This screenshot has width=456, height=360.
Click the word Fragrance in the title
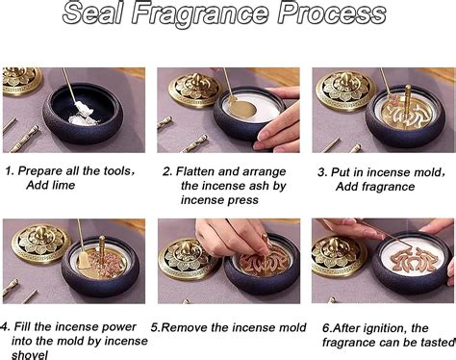(x=199, y=14)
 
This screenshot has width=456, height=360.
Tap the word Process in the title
(x=332, y=13)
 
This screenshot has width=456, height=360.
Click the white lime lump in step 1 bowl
(x=83, y=113)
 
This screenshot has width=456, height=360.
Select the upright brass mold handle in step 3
(x=408, y=102)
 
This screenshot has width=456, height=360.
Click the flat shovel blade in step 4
(x=84, y=261)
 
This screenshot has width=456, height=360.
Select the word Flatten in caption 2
(x=195, y=171)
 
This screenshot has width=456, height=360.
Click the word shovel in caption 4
(x=30, y=355)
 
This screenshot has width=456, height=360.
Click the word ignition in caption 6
(x=384, y=328)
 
